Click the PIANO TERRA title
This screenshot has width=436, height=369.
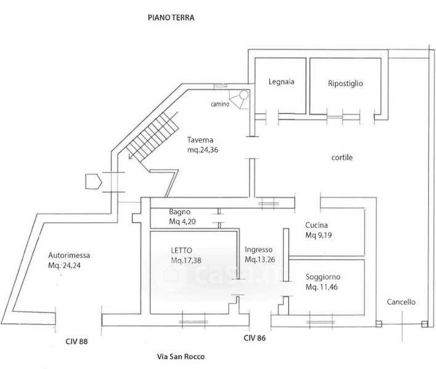[171, 18]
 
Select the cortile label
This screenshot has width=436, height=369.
[342, 157]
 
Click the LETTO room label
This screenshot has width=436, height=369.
[182, 250]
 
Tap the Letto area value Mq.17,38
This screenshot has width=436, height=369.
[189, 260]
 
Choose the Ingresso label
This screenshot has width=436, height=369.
[259, 250]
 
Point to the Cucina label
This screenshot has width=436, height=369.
[317, 225]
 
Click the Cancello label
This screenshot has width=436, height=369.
[401, 302]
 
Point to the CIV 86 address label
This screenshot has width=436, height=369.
[255, 338]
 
